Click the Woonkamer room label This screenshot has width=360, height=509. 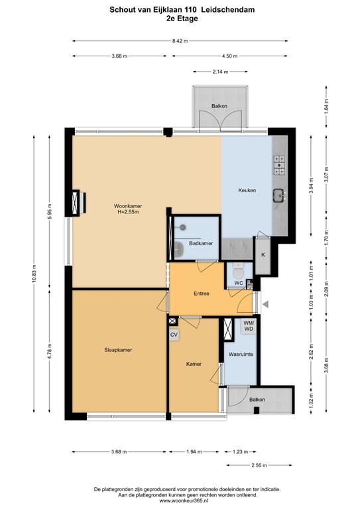pyautogui.click(x=127, y=206)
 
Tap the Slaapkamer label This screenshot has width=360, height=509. pyautogui.click(x=117, y=349)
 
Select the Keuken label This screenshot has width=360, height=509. pyautogui.click(x=247, y=190)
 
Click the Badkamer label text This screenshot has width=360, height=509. pyautogui.click(x=200, y=244)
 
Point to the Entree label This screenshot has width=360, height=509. pyautogui.click(x=202, y=293)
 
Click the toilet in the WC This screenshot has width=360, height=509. pyautogui.click(x=239, y=271)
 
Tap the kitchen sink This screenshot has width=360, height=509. pyautogui.click(x=279, y=195)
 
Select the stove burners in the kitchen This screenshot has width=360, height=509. pyautogui.click(x=279, y=164)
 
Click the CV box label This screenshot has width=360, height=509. pyautogui.click(x=174, y=335)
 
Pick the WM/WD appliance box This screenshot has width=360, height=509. pyautogui.click(x=248, y=326)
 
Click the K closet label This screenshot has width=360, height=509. pyautogui.click(x=263, y=255)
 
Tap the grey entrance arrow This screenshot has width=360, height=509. pyautogui.click(x=266, y=304)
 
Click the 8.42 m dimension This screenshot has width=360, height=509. pyautogui.click(x=180, y=41)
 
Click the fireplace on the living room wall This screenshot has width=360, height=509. pyautogui.click(x=77, y=203)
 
